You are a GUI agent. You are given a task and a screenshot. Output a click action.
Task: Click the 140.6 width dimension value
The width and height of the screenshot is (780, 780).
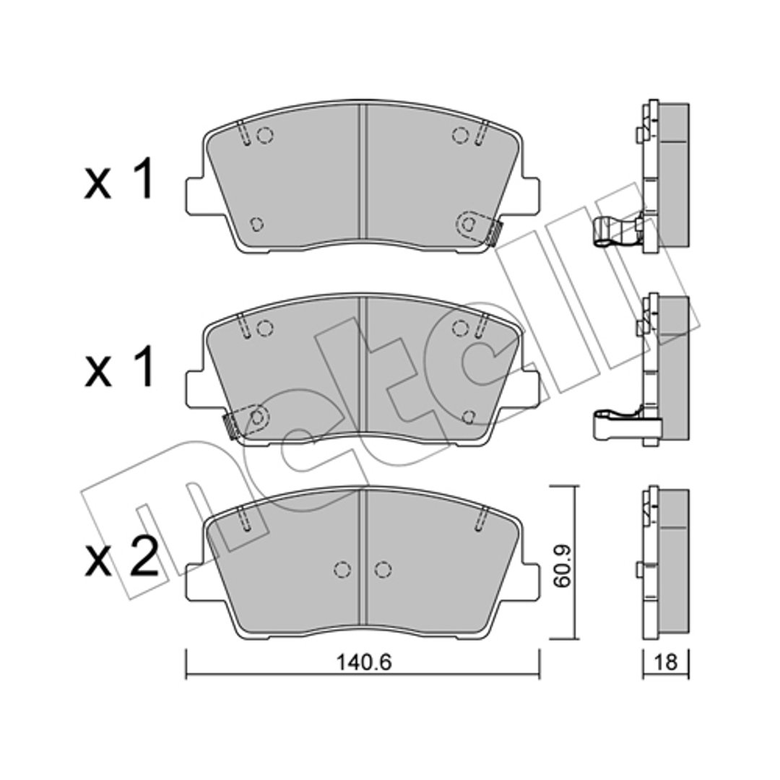[364, 662]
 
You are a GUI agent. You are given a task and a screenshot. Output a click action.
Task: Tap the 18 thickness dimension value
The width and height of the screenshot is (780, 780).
[666, 662]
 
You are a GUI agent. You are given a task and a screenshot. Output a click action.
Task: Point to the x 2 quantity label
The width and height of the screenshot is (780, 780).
[121, 560]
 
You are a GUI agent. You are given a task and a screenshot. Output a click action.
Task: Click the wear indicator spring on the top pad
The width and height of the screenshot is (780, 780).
[494, 233]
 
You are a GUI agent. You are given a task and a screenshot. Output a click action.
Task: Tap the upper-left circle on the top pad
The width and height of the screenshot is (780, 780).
[264, 135]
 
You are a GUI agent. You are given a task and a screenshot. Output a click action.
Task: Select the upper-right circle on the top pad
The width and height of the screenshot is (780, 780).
[461, 135]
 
